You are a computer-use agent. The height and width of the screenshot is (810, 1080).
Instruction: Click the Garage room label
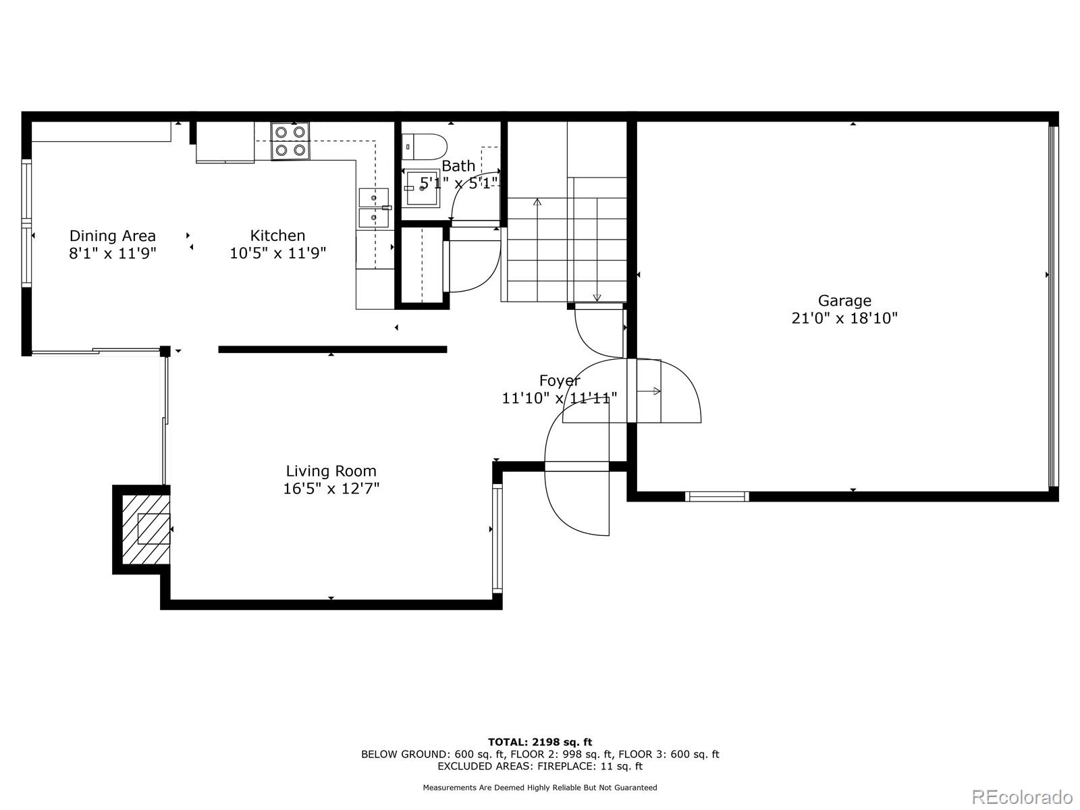[x=844, y=301]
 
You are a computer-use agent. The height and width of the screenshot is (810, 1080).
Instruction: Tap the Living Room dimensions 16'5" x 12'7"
[x=331, y=489]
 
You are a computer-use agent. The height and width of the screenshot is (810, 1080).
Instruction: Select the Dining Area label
[x=112, y=236]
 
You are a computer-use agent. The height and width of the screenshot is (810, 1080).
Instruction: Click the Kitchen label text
[x=277, y=236]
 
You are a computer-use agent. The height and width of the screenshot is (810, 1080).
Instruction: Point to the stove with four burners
[x=290, y=141]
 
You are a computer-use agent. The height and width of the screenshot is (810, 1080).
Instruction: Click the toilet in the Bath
[x=425, y=146]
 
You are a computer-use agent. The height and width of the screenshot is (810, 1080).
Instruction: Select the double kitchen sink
[x=373, y=208]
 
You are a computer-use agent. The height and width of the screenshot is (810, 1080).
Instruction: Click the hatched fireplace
[x=146, y=529]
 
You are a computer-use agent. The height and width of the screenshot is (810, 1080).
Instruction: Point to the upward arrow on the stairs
[x=537, y=202]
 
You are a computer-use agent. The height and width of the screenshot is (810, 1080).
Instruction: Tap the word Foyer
[x=559, y=381]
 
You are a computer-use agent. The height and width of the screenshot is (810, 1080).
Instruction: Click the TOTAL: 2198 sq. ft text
[x=540, y=742]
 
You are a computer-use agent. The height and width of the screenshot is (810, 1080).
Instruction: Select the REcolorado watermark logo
[x=1022, y=796]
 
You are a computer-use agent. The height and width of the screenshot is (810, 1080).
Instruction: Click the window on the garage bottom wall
[x=717, y=497]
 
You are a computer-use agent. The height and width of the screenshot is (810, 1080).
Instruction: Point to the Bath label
[x=458, y=166]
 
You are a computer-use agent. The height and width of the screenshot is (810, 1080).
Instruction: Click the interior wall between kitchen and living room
[x=332, y=350]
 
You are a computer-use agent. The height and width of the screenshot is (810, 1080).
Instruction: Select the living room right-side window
[x=497, y=538]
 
